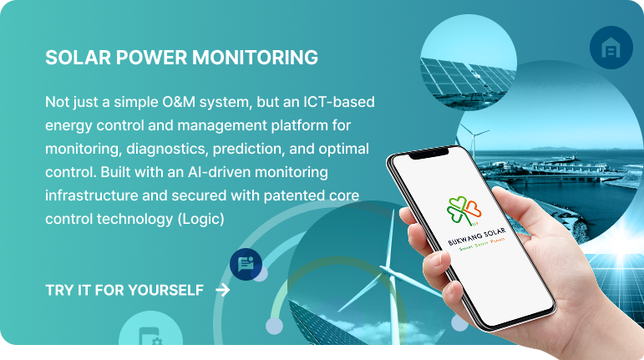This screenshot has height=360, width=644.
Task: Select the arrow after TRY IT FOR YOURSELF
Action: click(x=223, y=290)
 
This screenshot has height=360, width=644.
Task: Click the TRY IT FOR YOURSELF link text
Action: click(x=124, y=290)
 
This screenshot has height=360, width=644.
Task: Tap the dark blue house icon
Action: click(x=611, y=48)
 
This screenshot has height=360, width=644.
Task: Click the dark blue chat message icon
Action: click(x=246, y=264)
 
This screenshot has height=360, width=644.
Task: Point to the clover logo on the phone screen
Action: click(x=464, y=210)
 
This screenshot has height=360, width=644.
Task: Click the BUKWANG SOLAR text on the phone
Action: click(x=476, y=237)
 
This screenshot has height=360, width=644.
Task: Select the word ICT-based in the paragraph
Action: click(x=339, y=101)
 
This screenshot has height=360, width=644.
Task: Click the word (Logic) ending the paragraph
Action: click(x=200, y=219)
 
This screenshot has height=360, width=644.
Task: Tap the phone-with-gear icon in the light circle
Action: click(x=150, y=336)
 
